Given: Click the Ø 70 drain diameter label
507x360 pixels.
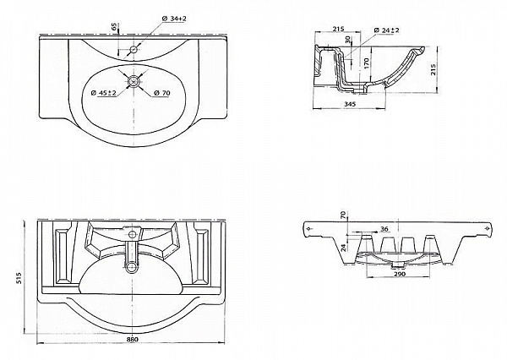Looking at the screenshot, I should [163, 94].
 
